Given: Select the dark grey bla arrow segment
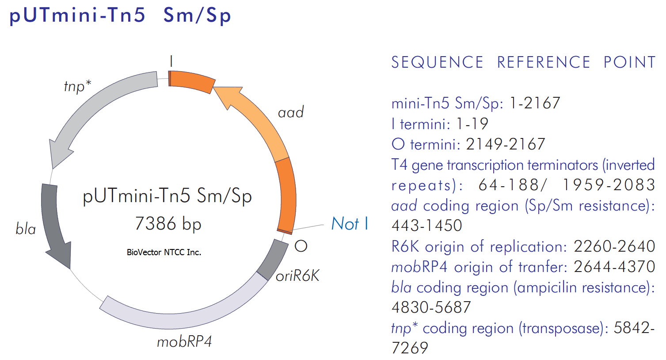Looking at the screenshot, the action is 53,226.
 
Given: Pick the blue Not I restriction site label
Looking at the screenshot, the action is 350,223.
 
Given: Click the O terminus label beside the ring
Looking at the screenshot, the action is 301,246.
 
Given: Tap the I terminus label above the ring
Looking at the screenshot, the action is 171,61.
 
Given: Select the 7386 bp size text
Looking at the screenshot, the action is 168,224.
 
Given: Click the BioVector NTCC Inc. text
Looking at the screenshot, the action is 164,252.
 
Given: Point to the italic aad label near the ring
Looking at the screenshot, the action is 291,112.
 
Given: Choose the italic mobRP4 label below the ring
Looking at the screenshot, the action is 184,341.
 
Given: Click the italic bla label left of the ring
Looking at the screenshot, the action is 26,229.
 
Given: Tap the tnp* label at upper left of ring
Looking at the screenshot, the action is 78,87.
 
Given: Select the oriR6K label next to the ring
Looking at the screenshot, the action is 297,276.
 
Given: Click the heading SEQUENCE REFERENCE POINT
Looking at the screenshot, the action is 523,62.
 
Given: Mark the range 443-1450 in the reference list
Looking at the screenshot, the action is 426,225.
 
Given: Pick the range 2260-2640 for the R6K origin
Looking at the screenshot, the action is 614,246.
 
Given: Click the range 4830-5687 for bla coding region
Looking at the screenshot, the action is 431,307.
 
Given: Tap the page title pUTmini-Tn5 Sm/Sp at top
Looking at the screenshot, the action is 120,15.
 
